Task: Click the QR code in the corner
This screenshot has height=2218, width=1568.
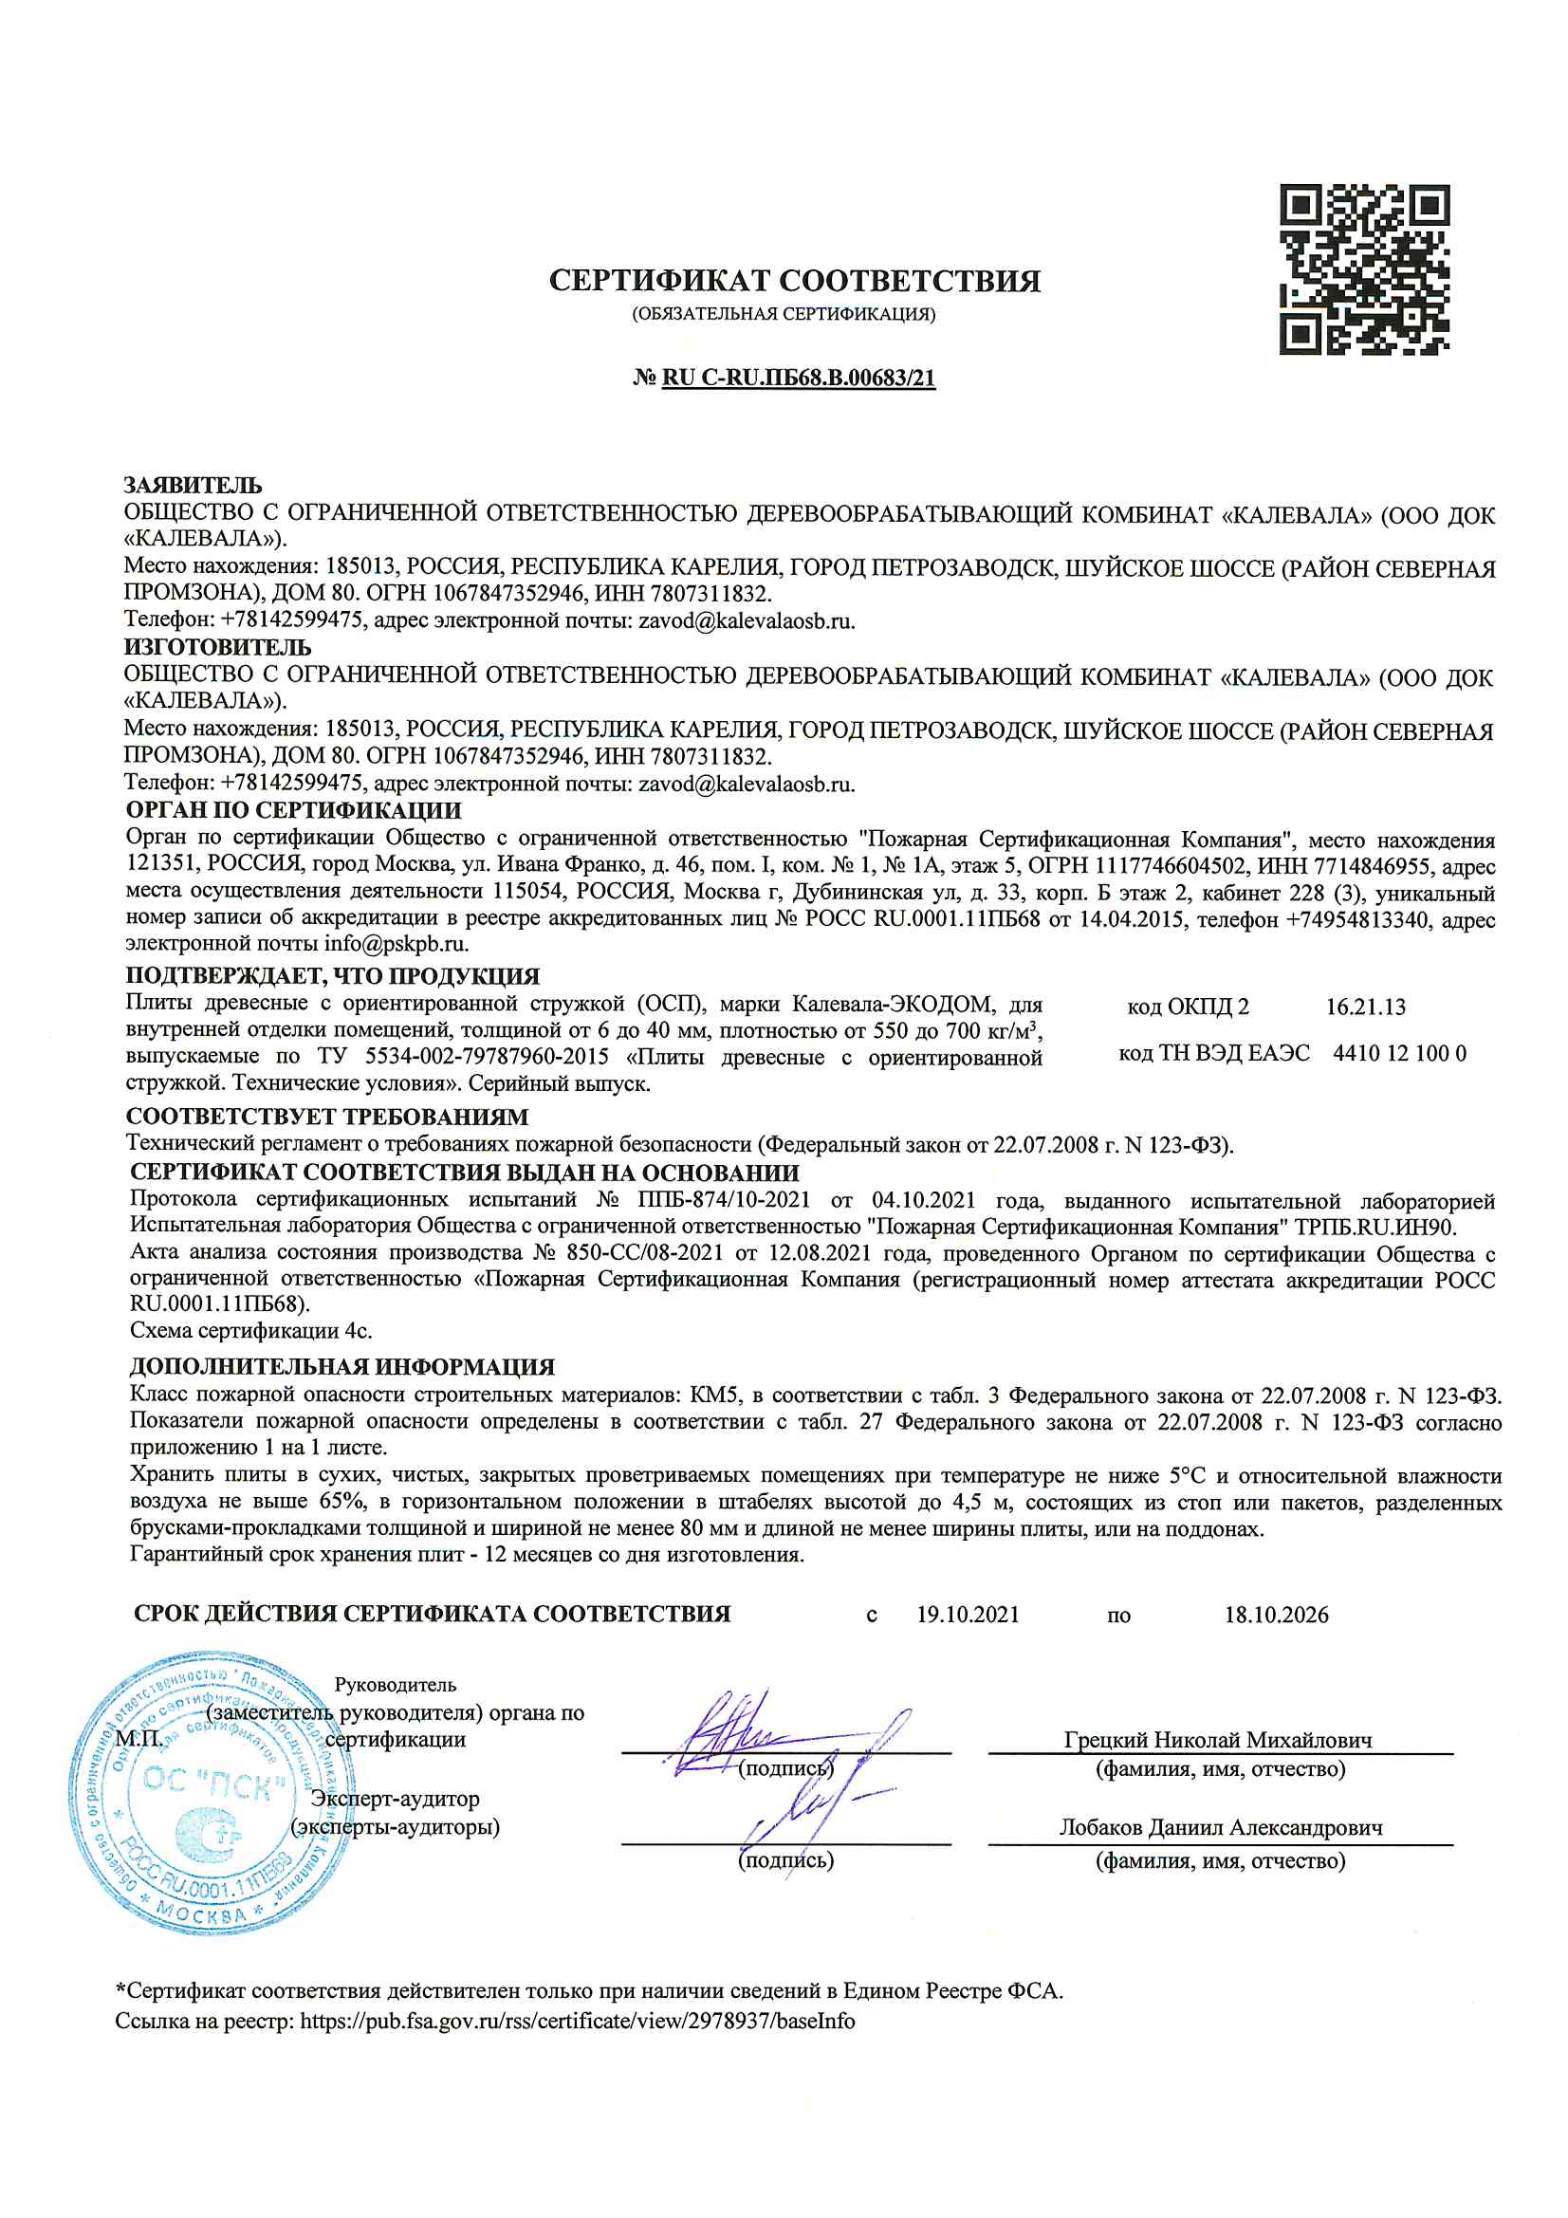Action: click(1364, 269)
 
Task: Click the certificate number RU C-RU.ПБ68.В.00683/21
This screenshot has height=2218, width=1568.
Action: click(798, 378)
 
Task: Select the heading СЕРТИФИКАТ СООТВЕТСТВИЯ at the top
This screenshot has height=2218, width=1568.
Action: click(794, 281)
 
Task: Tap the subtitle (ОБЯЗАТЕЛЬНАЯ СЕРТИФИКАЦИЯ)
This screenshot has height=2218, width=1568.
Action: click(784, 314)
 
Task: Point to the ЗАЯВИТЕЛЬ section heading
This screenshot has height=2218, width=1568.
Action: click(194, 485)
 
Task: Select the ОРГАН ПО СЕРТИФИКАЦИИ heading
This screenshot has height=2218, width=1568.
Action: click(294, 810)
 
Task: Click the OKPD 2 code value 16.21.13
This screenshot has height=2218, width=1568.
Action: click(1365, 1007)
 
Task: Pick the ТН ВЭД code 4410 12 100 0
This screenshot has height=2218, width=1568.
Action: click(1399, 1053)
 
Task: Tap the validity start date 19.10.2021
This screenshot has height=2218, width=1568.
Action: click(968, 1616)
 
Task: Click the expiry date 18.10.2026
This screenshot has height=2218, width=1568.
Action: click(1276, 1616)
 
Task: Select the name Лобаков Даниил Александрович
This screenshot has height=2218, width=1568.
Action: click(1220, 1828)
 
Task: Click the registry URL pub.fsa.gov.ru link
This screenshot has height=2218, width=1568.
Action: click(577, 2021)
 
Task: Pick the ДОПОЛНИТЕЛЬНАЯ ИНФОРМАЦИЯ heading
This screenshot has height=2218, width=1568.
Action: click(343, 1367)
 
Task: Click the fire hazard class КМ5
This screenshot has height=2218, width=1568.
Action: click(713, 1395)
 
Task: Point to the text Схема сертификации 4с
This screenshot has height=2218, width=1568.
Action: click(251, 1330)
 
